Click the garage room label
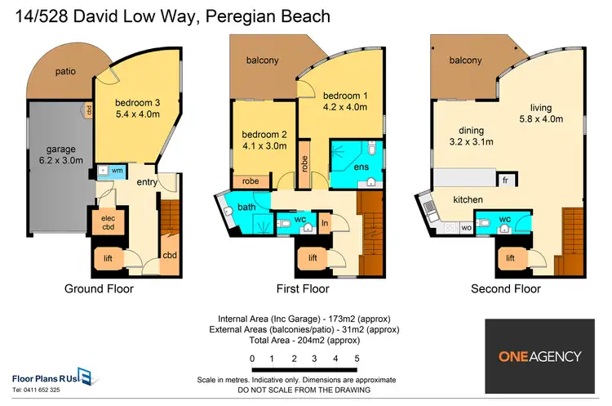click(61, 149)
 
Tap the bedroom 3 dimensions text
click(138, 114)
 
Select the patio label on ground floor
click(65, 72)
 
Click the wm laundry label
click(117, 171)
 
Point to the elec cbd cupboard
click(108, 222)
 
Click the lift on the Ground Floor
click(108, 258)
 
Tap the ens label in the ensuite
click(361, 167)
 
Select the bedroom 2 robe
click(251, 181)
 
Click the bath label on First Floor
click(246, 207)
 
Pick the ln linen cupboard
click(324, 223)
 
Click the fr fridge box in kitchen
click(505, 181)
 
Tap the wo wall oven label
click(467, 227)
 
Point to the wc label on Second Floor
click(504, 219)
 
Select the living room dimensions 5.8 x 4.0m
click(541, 119)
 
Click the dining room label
click(471, 131)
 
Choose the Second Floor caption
click(506, 288)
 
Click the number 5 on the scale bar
click(357, 359)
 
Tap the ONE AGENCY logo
click(540, 356)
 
